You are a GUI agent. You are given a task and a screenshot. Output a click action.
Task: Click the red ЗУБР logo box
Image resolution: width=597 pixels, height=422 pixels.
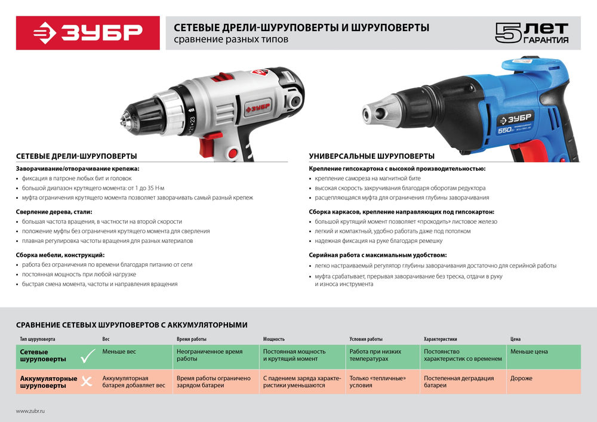(87, 32)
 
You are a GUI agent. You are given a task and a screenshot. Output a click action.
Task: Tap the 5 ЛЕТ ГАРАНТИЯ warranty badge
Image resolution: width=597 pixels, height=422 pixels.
(531, 32)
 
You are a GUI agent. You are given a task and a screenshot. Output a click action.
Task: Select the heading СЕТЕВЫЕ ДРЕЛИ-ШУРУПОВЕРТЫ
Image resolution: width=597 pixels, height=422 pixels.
(76, 156)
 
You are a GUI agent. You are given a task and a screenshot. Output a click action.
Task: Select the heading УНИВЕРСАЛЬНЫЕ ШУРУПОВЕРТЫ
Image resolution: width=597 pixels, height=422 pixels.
(371, 156)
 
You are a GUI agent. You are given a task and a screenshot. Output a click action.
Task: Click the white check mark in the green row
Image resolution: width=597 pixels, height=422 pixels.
(88, 357)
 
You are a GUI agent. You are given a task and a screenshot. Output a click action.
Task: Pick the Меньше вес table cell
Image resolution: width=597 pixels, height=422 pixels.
(119, 352)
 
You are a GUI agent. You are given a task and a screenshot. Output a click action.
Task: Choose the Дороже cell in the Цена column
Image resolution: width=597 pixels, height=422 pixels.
(521, 378)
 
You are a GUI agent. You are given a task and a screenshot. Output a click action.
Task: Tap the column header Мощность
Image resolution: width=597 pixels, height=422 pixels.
(274, 339)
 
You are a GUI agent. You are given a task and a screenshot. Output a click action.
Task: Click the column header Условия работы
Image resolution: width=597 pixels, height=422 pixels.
(366, 339)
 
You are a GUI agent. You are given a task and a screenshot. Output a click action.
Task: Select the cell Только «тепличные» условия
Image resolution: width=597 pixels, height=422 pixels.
(377, 381)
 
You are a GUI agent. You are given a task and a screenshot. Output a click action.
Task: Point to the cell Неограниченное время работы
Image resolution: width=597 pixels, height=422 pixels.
(209, 356)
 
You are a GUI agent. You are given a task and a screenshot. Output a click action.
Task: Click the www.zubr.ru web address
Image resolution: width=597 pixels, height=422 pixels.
(30, 411)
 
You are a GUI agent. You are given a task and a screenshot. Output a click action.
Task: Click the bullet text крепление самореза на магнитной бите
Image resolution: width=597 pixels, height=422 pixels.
(368, 178)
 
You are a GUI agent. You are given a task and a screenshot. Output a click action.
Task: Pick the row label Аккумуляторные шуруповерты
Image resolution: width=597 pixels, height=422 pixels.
(48, 382)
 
